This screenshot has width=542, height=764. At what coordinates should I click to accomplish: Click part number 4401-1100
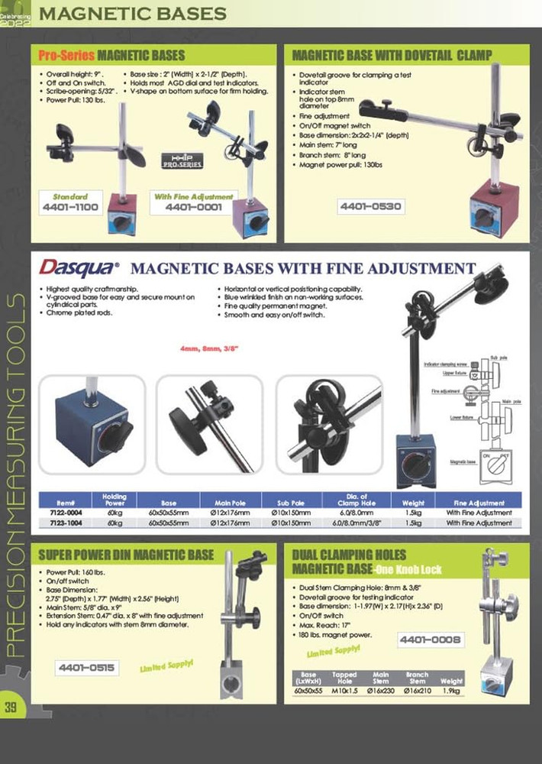(x=70, y=207)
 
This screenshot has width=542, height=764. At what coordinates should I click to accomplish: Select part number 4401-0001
(x=194, y=207)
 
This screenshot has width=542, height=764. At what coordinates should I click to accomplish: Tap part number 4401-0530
(x=369, y=206)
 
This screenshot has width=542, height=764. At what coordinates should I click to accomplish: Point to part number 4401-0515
(x=87, y=668)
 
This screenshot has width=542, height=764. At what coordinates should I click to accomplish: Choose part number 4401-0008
(x=430, y=639)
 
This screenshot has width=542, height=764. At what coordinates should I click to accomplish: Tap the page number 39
(x=11, y=707)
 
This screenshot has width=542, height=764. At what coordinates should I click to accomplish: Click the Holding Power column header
(x=115, y=500)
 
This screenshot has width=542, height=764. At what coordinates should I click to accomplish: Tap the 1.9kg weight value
(x=452, y=690)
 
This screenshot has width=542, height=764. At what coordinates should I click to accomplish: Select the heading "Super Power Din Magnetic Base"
(x=127, y=555)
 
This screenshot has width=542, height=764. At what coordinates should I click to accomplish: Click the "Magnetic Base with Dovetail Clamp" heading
(x=392, y=55)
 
